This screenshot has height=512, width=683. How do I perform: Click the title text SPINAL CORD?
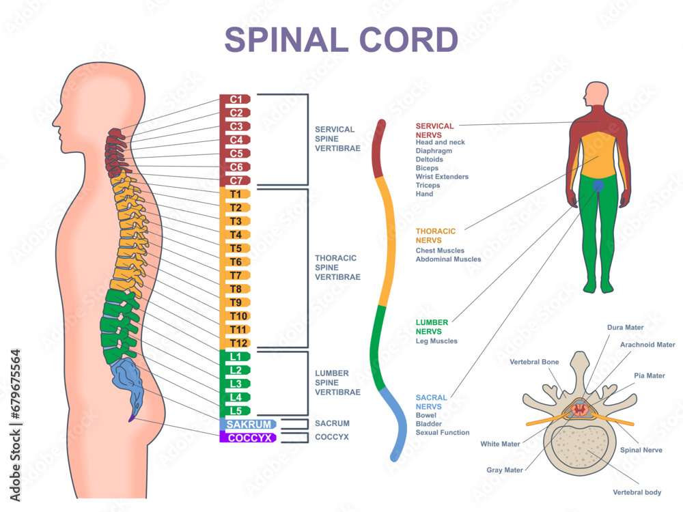[x=341, y=40]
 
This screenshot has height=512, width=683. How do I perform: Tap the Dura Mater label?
[x=625, y=328]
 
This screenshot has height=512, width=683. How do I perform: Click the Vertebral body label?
[x=637, y=492]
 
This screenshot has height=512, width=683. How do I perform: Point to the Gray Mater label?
[x=505, y=470]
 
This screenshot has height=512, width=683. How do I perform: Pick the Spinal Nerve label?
[x=641, y=450]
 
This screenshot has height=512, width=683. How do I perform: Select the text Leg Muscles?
[x=436, y=341]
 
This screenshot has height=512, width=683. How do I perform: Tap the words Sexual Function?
[x=443, y=432]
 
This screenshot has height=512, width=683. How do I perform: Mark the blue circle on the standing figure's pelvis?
[x=598, y=185]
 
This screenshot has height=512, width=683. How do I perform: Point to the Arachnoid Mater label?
[x=647, y=345]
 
